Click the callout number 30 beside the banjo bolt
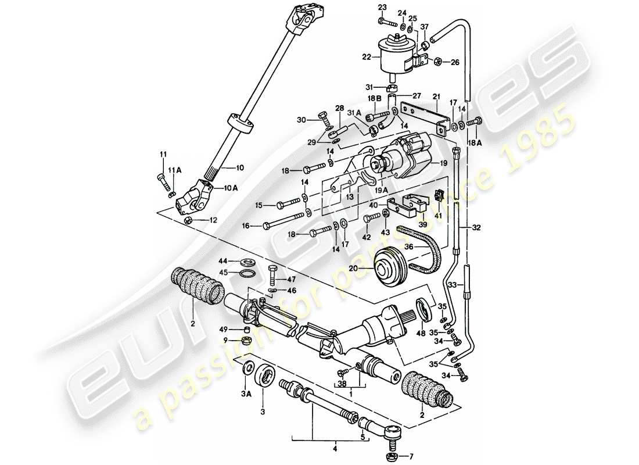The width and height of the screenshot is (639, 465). point(300,120)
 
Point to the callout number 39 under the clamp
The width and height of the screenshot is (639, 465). point(423,224)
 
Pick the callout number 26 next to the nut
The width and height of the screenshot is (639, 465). point(455,62)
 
